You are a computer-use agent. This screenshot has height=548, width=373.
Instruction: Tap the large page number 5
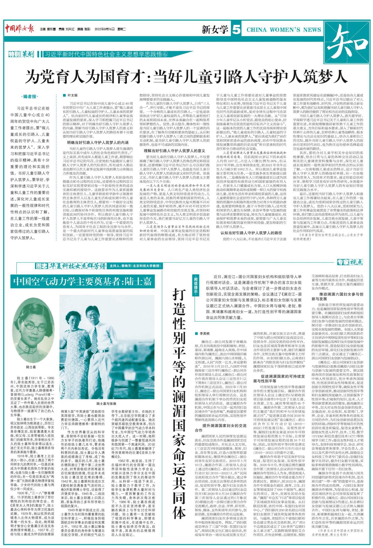click(x=236, y=29)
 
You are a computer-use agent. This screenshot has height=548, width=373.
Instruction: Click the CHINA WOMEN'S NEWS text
click(x=284, y=30)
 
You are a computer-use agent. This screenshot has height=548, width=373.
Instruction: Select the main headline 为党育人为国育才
click(x=186, y=77)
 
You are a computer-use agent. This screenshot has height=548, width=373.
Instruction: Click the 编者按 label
click(x=30, y=97)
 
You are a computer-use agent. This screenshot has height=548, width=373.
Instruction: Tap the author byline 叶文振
click(x=72, y=95)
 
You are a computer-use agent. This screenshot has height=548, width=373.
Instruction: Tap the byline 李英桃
click(x=205, y=333)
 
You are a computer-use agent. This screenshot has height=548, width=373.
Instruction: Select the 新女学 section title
click(x=215, y=30)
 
